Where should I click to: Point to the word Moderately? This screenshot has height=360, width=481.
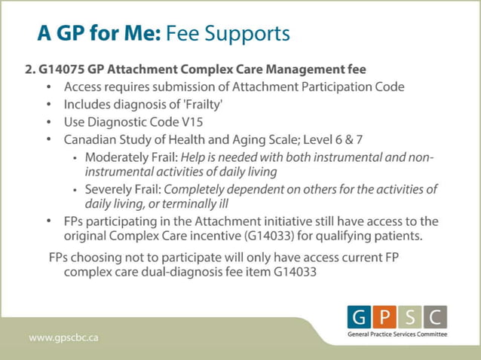119,157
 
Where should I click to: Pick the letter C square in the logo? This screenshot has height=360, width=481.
437,316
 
